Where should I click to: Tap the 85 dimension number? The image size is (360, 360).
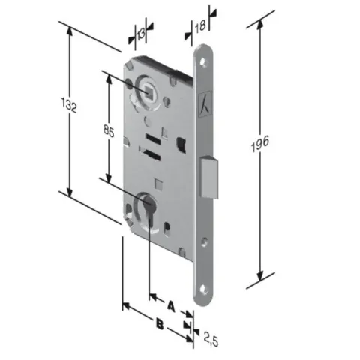click(x=109, y=131)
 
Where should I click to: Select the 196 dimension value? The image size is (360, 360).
click(x=260, y=143)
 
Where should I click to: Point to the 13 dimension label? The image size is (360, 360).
click(x=141, y=34)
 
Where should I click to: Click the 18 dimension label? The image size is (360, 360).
click(x=200, y=26)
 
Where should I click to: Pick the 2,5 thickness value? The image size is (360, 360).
click(x=211, y=339)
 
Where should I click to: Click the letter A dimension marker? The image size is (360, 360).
click(x=171, y=305)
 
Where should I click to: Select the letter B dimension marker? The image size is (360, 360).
click(x=160, y=324)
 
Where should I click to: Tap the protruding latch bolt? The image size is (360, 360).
click(x=209, y=177)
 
